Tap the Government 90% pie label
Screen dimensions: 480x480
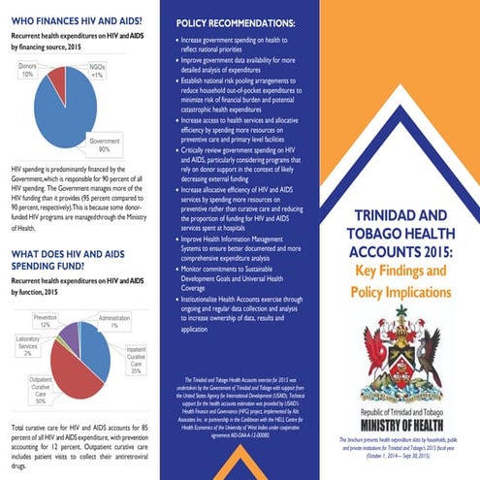click(x=105, y=145)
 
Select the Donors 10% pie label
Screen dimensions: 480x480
click(x=27, y=69)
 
